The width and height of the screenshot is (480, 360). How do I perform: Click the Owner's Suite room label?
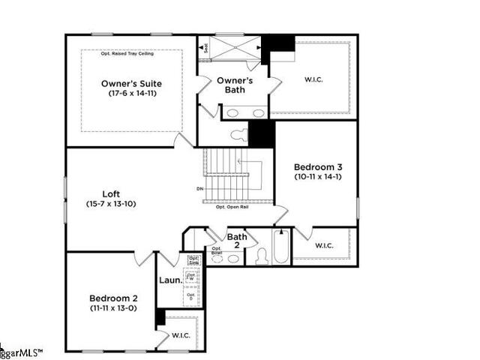click(131, 83)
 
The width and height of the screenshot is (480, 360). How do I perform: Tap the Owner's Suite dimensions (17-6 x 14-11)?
click(131, 94)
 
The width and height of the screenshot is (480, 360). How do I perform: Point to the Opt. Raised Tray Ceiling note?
click(131, 54)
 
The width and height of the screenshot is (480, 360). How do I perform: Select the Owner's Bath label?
click(235, 85)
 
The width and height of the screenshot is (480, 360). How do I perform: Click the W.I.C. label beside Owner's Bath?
click(313, 79)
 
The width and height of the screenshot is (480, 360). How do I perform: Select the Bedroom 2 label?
click(111, 297)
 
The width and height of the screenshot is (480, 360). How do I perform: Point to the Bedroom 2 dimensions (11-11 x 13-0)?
click(111, 307)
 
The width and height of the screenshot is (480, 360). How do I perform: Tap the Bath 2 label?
click(237, 241)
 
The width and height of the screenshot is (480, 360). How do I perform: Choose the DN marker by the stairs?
click(199, 188)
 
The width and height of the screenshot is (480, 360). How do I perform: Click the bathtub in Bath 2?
click(280, 247)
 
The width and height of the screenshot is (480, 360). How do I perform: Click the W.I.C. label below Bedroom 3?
click(324, 245)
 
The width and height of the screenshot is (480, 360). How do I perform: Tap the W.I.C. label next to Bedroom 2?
click(181, 334)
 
